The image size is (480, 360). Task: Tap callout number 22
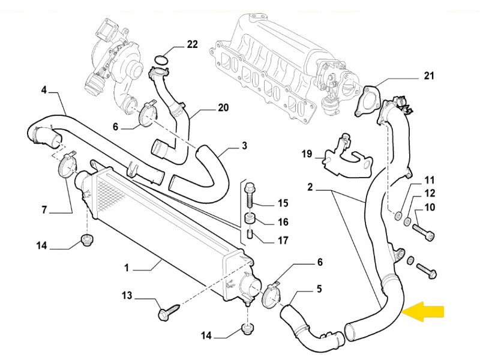pos(192,44)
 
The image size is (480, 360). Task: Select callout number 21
pos(428,76)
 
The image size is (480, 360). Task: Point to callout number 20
pos(223,108)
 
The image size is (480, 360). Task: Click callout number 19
pos(307,154)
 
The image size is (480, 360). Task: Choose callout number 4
pos(44,91)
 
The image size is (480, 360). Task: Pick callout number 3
pos(244,145)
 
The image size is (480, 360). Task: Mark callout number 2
pos(310,188)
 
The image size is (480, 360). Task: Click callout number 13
pos(127,296)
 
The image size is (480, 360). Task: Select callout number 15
pos(283,203)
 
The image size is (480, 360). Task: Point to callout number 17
pos(283,241)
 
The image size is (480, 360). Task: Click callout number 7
pos(44,210)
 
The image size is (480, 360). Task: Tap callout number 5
pos(319,289)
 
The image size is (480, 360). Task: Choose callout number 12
pos(430,193)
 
